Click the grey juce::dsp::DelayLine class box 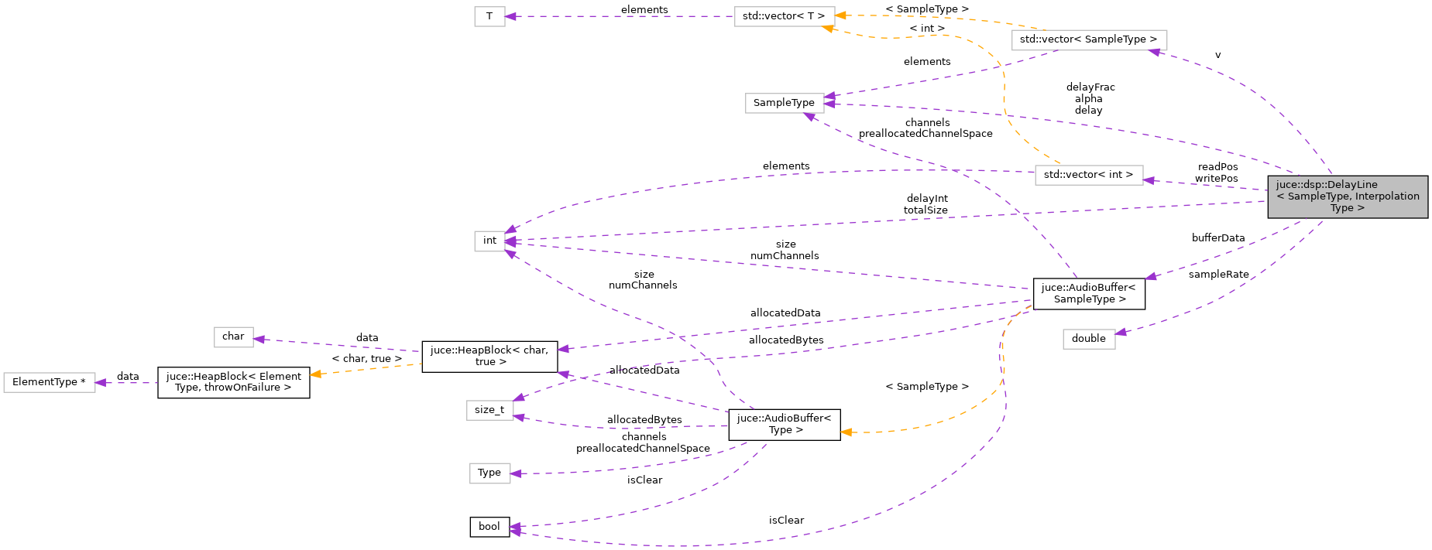[x=1347, y=196]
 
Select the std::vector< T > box [x=784, y=16]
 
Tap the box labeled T [x=489, y=16]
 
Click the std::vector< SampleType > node [x=1088, y=39]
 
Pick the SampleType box [x=784, y=103]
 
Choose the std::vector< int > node [x=1088, y=175]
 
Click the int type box [x=489, y=241]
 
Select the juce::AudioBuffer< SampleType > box [x=1088, y=293]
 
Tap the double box [x=1088, y=339]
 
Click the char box [x=233, y=336]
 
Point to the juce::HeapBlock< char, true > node [x=489, y=356]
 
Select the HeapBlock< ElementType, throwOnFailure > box [x=233, y=382]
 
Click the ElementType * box [x=49, y=382]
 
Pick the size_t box [x=489, y=410]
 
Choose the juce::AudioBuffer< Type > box [x=784, y=425]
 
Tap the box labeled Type [x=489, y=473]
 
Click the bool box [x=489, y=527]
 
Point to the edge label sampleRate [x=1218, y=275]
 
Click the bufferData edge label [x=1217, y=238]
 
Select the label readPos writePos [x=1217, y=173]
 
